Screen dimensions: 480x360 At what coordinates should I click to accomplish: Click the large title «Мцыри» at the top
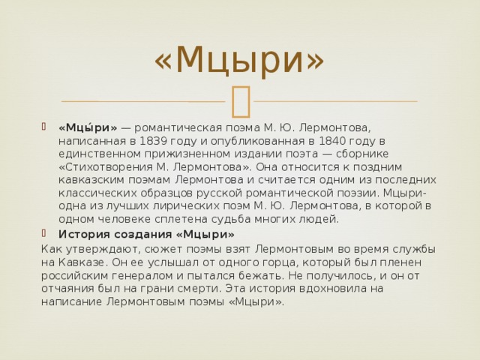pyautogui.click(x=239, y=59)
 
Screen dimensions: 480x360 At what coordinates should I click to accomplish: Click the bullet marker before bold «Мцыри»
pyautogui.click(x=43, y=126)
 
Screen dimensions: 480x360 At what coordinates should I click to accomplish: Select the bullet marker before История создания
pyautogui.click(x=43, y=233)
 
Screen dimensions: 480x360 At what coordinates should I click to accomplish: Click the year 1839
pyautogui.click(x=153, y=141)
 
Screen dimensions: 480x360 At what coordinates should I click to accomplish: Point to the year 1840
pyautogui.click(x=332, y=141)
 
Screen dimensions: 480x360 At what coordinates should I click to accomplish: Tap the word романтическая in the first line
pyautogui.click(x=178, y=128)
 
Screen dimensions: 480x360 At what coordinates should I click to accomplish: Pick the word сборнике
pyautogui.click(x=362, y=154)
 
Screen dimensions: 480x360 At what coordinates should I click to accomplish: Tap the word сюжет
pyautogui.click(x=163, y=250)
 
